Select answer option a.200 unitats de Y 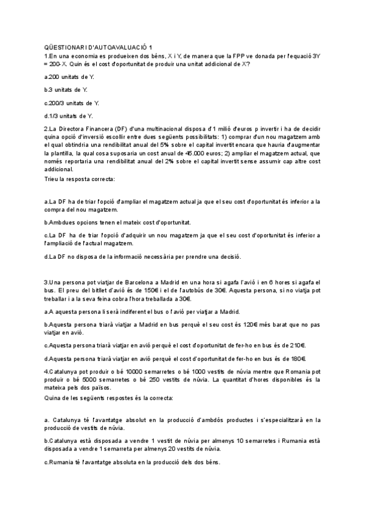click(69, 77)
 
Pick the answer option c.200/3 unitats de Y click(72, 103)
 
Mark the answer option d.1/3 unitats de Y click(68, 115)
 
